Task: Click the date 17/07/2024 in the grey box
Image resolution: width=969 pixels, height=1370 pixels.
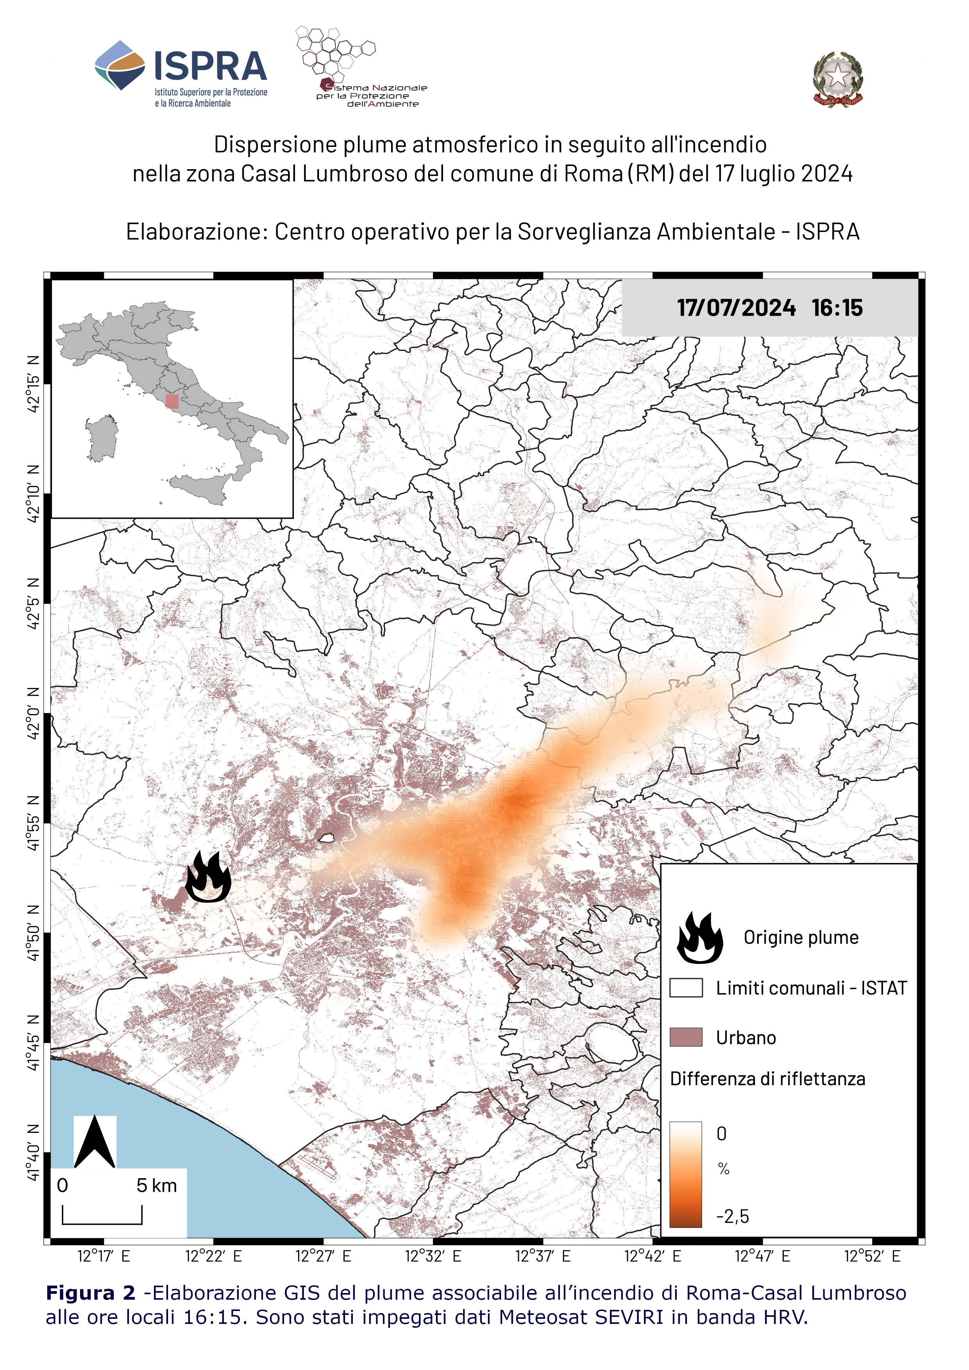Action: (x=736, y=308)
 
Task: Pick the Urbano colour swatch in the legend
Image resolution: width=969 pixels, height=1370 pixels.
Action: (x=686, y=1037)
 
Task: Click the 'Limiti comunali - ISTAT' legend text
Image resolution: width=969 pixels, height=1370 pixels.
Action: (x=811, y=988)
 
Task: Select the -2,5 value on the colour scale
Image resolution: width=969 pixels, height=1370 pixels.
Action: (x=732, y=1216)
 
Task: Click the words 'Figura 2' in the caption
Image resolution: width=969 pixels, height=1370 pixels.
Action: (x=91, y=1293)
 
